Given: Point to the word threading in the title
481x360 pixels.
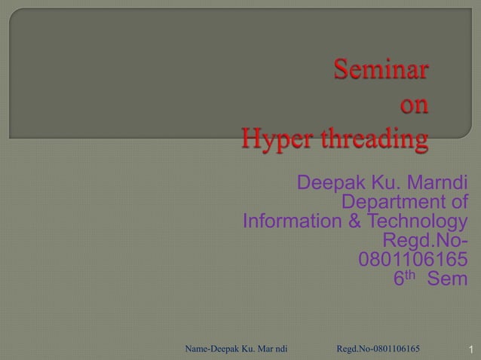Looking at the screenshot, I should pyautogui.click(x=371, y=140).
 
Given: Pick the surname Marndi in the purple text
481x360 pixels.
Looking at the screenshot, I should pyautogui.click(x=437, y=184).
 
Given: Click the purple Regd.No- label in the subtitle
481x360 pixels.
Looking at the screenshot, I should pyautogui.click(x=424, y=242).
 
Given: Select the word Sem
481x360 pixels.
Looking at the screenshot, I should pyautogui.click(x=447, y=279).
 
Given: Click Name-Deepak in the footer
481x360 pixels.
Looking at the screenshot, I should pyautogui.click(x=212, y=349).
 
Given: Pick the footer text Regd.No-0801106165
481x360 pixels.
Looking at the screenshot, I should pyautogui.click(x=378, y=349).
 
